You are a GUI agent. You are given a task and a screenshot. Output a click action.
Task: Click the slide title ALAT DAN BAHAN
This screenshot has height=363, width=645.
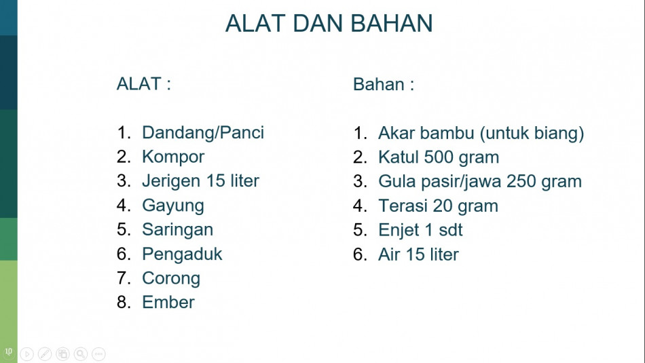(329, 23)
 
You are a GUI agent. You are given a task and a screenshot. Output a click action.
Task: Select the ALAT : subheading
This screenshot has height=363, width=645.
(143, 84)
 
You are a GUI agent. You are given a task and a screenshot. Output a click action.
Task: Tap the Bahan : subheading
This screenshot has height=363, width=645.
(384, 84)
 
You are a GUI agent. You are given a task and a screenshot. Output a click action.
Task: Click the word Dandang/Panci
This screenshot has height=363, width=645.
(203, 133)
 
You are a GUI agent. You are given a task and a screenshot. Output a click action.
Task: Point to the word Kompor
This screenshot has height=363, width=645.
(172, 157)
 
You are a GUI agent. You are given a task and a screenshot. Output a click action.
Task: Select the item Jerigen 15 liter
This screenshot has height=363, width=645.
(200, 181)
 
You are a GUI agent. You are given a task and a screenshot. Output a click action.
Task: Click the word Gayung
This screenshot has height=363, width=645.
(172, 206)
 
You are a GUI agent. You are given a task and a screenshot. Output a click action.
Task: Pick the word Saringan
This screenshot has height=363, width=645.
(177, 229)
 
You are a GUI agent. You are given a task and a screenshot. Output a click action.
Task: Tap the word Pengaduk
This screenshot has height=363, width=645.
(182, 254)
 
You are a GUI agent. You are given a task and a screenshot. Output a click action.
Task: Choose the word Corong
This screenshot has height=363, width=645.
(171, 278)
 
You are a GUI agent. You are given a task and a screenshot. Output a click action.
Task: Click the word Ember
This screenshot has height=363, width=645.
(168, 302)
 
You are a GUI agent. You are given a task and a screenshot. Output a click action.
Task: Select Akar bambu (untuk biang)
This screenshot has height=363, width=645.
(481, 133)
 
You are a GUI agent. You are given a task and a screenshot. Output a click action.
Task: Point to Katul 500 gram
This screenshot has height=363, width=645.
(439, 157)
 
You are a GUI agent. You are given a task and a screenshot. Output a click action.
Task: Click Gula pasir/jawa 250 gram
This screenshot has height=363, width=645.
(479, 182)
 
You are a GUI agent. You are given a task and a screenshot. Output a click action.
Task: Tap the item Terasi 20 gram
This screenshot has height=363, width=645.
(438, 206)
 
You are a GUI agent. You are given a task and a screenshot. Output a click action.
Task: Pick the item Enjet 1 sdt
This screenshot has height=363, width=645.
(420, 230)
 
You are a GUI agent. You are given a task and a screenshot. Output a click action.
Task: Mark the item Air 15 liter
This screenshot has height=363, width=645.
(418, 254)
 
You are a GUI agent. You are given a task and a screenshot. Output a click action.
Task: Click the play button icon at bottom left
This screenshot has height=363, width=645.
(26, 354)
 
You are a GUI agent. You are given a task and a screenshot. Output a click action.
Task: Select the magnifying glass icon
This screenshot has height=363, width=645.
(81, 354)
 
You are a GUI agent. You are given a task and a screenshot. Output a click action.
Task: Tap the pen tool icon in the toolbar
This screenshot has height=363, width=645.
(45, 354)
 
